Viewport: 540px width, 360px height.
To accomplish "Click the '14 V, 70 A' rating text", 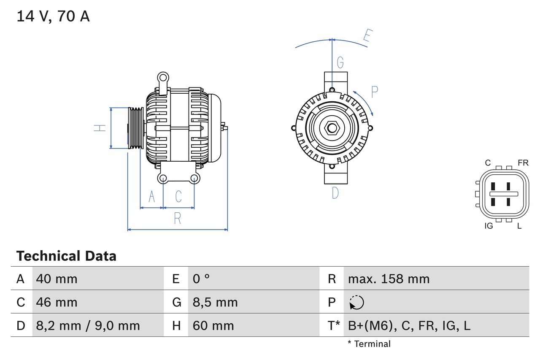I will coord(53,16).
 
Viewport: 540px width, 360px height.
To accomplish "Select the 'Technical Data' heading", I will coord(66,256).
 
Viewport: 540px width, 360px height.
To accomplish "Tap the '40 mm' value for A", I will coord(57,279).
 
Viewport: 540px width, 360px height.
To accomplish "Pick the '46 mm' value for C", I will coord(57,302).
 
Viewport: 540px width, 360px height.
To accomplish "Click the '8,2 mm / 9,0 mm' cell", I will coord(88,325).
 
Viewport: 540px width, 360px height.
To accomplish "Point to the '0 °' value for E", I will coord(201,279).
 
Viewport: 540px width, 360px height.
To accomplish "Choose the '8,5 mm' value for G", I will coord(215,302).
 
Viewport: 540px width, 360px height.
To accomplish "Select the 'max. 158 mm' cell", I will coord(389,279).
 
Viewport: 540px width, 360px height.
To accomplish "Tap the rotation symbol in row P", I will coord(356,302).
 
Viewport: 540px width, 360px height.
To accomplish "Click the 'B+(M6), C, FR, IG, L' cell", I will coord(409,325).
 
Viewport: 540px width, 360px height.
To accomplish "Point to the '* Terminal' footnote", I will coord(369,344).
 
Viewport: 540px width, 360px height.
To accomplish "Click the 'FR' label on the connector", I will coord(523,163).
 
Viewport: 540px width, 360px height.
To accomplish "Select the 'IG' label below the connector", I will coord(489,226).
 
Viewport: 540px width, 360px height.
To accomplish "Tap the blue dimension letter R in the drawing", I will coord(178,219).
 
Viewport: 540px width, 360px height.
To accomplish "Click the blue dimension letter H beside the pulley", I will coord(100,128).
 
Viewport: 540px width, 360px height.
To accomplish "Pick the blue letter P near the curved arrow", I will coord(374,92).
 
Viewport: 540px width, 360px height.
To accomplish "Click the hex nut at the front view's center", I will coord(332,128).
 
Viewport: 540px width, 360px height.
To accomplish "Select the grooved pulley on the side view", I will coord(135,128).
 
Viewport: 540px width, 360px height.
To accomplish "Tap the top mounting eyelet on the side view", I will coord(163,77).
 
